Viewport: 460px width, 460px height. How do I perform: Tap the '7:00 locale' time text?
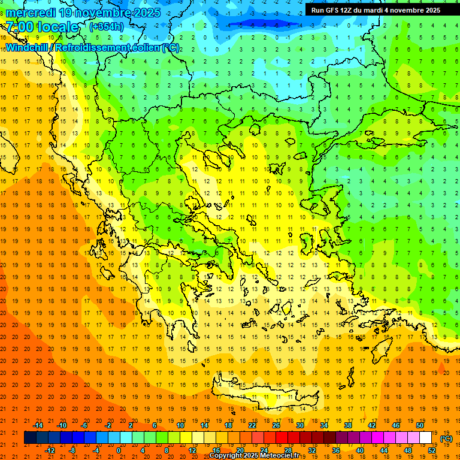[x=42, y=27]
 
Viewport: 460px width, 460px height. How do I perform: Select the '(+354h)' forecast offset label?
[x=107, y=26]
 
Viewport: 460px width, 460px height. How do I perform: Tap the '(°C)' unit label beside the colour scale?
[x=446, y=438]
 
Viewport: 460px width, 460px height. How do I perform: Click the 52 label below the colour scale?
[x=431, y=450]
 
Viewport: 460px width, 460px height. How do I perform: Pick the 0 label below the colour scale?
[x=119, y=450]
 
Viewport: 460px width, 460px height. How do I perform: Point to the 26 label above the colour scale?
[x=276, y=425]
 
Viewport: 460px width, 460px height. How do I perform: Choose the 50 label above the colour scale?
[x=419, y=425]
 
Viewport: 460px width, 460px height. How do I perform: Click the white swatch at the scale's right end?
[x=425, y=438]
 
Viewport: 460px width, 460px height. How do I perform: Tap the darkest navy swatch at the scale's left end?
[x=30, y=438]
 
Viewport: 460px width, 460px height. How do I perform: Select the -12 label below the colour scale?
[x=50, y=450]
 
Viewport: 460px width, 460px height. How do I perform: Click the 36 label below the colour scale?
[x=335, y=450]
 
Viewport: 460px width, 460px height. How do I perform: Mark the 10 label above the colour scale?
[x=180, y=425]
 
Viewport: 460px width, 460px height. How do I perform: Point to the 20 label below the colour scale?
[x=240, y=450]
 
